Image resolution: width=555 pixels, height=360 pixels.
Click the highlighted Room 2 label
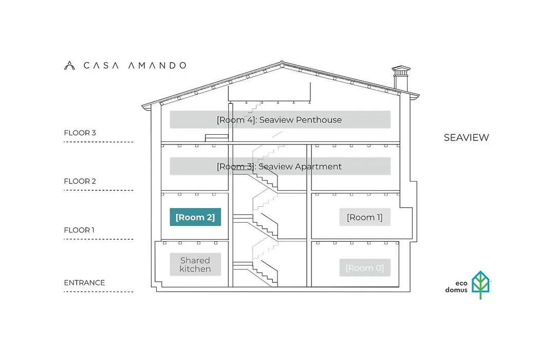point(195,217)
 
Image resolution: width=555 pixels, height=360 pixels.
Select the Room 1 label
point(365,217)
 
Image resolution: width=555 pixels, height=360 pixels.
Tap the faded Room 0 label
point(365,267)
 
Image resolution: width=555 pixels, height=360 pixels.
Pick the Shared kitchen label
point(195,264)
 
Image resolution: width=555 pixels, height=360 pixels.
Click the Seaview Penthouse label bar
point(281,119)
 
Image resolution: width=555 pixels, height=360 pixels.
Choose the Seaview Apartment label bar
point(281,166)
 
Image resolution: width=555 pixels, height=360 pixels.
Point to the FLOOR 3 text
point(80,133)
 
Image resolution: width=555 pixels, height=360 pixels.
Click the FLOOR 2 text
point(80,181)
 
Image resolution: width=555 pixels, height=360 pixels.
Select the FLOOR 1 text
point(79,230)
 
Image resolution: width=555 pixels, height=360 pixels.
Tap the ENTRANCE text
point(85,283)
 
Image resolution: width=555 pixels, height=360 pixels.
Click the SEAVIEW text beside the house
point(467,137)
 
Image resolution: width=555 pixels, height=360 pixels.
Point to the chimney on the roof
point(401,79)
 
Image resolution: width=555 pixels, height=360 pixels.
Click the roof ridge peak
point(282,62)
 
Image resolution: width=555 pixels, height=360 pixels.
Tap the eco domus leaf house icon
point(480,284)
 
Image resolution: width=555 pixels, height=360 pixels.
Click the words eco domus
point(457,286)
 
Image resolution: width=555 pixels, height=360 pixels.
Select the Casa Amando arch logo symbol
point(69,65)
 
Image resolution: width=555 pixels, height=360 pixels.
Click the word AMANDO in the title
point(158,65)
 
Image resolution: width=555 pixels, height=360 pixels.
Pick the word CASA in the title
point(101,65)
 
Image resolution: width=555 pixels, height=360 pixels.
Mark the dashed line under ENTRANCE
point(99,292)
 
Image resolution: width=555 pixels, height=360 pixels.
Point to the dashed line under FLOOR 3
point(99,142)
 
